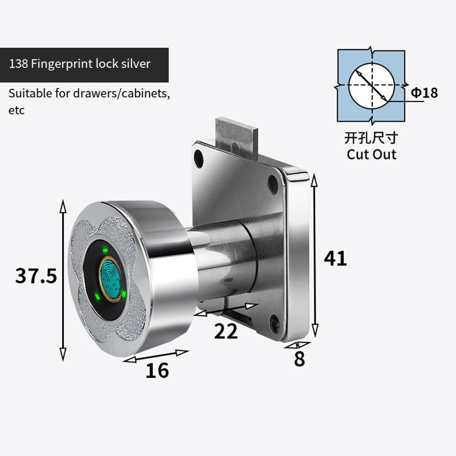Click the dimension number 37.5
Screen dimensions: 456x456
point(36,276)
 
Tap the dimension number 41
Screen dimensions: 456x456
point(335,259)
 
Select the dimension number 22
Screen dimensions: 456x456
point(226,332)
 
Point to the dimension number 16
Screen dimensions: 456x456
point(157,371)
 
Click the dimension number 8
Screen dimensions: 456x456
point(299,359)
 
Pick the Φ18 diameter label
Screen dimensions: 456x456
point(424,93)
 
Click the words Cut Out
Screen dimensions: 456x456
point(371,154)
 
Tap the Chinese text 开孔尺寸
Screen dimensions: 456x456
point(371,137)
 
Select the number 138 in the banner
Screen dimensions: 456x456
point(18,63)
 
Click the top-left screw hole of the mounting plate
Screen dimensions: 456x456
point(199,158)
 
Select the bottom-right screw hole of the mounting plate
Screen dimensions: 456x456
point(275,323)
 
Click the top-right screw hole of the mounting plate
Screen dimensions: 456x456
point(273,184)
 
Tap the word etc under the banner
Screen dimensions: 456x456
point(16,111)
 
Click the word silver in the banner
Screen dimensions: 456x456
point(135,63)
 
